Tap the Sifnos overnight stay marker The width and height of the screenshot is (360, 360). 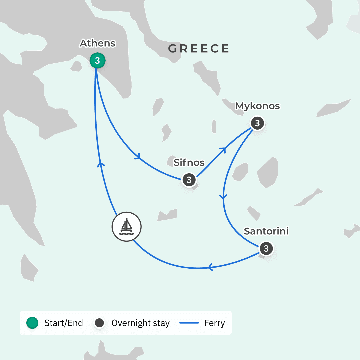pos(189,180)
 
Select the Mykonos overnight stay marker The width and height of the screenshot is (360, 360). pos(257,123)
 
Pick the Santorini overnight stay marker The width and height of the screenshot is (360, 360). pos(266,249)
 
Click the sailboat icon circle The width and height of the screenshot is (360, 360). pos(127,226)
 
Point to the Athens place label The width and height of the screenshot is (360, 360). pos(97,43)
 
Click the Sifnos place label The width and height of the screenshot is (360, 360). pos(189,162)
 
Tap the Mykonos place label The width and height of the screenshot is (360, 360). pos(257,106)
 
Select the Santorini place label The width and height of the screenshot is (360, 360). pos(266,231)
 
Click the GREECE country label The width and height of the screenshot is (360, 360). pos(199,49)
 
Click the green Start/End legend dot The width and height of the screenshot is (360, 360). pos(32,323)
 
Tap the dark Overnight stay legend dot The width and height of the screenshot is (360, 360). pos(100,323)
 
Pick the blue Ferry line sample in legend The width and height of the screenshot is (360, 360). pos(189,323)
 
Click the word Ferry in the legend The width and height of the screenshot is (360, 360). pos(214,323)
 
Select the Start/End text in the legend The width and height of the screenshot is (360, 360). pos(63,323)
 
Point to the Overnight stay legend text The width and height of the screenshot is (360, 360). pos(140,323)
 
